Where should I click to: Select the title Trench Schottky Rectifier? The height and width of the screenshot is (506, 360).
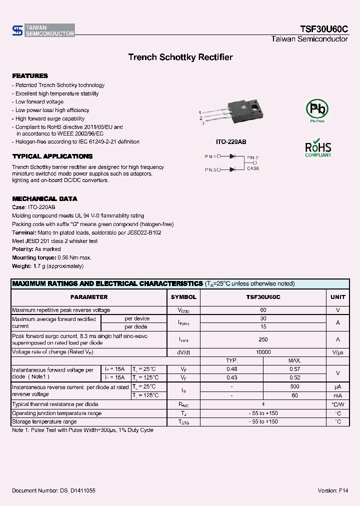click(x=180, y=57)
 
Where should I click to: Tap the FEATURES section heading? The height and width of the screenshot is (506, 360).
click(x=30, y=76)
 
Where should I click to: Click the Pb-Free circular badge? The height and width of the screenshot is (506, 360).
click(x=317, y=110)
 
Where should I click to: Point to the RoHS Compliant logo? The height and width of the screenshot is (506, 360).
click(x=318, y=148)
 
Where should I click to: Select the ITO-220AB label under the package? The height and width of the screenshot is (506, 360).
click(x=230, y=142)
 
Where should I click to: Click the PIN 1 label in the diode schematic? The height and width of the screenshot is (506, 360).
click(x=210, y=156)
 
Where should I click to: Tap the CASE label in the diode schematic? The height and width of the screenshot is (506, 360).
click(x=253, y=168)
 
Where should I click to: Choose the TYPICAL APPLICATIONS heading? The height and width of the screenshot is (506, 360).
click(x=52, y=156)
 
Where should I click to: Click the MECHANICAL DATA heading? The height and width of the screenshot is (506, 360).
click(x=44, y=198)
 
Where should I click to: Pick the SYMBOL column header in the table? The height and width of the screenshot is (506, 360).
click(x=184, y=297)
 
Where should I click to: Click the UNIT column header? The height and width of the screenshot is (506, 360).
click(x=338, y=297)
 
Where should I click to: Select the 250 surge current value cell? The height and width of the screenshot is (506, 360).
click(x=263, y=339)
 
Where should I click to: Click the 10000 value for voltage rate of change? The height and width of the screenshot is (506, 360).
click(x=263, y=352)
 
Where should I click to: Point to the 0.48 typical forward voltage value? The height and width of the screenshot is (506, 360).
click(x=231, y=369)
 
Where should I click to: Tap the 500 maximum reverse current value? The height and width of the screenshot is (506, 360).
click(x=294, y=386)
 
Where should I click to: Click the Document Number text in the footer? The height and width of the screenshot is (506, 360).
click(x=53, y=491)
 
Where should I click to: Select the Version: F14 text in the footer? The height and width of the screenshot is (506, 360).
click(x=332, y=491)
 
